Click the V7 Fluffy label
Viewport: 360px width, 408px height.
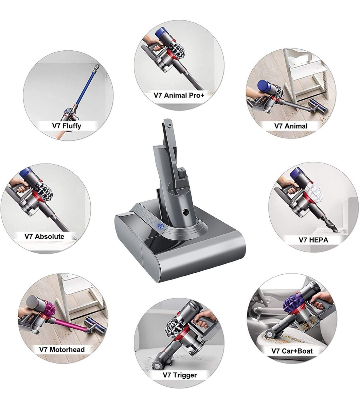point(67,126)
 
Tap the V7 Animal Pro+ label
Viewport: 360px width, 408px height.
point(179,95)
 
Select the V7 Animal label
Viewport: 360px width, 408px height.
point(291,126)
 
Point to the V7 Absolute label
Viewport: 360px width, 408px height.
point(44,236)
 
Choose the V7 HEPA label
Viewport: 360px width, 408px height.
point(313,240)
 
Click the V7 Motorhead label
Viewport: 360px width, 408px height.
point(62,350)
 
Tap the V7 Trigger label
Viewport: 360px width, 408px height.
point(180,375)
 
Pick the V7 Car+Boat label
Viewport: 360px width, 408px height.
point(292,351)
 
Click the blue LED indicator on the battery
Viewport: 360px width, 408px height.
point(161,225)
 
